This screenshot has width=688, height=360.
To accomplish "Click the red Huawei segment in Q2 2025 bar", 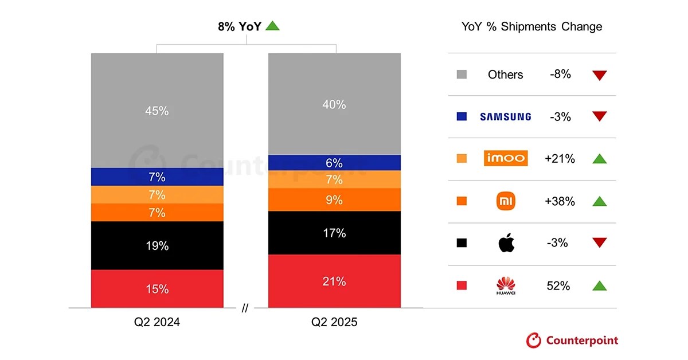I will point(334,281).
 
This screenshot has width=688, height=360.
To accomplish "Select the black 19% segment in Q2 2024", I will point(157,245).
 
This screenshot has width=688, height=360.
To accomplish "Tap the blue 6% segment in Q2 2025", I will point(334,163).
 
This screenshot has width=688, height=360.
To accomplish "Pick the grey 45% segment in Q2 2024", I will point(157,111).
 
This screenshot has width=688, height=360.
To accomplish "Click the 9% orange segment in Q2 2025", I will point(334,200).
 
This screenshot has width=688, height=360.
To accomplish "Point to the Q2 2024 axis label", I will point(157,322).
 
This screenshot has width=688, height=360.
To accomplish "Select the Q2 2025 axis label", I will point(334,322).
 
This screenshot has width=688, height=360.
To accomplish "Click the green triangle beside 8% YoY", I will point(273,26).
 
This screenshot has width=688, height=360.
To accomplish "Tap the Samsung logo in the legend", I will point(505,117).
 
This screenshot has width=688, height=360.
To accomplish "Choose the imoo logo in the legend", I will point(505,159).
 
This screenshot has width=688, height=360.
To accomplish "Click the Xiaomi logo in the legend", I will point(505,201).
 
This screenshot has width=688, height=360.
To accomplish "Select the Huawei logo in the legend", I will point(506,285).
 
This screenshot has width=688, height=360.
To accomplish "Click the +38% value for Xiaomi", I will point(560,201).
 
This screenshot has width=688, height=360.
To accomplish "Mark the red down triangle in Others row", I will point(600,75).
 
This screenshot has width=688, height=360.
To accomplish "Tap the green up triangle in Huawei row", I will point(600,285).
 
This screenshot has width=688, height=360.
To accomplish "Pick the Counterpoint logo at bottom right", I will point(572,341).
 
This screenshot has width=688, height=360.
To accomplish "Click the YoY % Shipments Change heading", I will point(531,27).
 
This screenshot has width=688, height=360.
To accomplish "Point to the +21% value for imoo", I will point(560,159).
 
